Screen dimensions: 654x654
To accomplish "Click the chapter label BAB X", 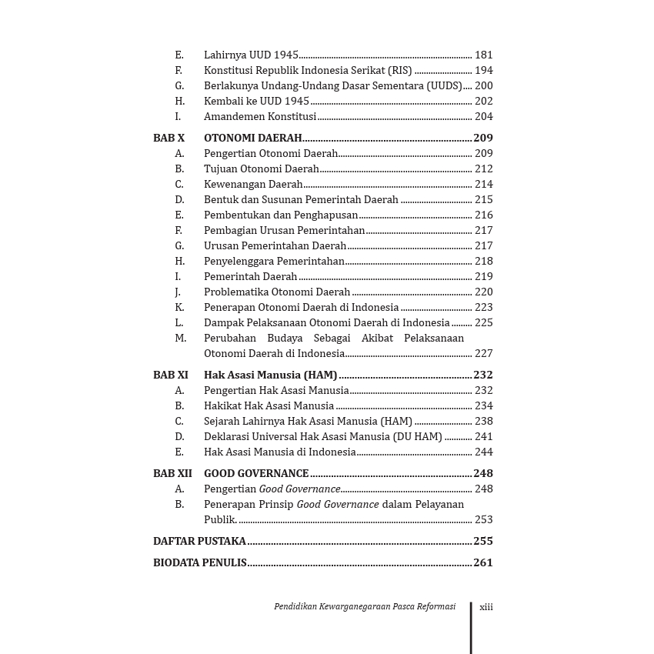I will tap(169, 138).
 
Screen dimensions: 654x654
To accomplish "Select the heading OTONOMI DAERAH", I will tap(252, 138).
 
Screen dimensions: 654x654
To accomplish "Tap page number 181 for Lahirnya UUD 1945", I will tap(483, 55).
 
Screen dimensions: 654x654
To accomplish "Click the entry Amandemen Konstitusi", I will tap(260, 117).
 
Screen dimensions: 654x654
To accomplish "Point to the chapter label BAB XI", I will tap(170, 375).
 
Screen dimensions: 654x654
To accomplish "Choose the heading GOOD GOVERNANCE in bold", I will tap(256, 474).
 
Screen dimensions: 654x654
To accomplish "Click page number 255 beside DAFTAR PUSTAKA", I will tap(483, 542).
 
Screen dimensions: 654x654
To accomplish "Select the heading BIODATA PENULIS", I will tap(200, 563).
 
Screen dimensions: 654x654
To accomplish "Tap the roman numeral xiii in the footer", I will tap(486, 607).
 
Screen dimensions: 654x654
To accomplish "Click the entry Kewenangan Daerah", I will tap(253, 185).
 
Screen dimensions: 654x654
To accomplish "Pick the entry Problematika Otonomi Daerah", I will tap(277, 292).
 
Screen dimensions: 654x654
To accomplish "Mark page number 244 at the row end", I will tap(483, 452).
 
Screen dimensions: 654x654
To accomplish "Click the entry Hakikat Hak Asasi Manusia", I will tap(269, 406).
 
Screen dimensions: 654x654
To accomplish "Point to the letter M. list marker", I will tap(180, 339).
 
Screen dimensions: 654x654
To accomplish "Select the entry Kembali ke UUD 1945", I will tap(256, 102).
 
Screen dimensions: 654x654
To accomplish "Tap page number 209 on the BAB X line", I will tap(483, 138).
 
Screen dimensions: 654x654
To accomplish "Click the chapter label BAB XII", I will tap(172, 474).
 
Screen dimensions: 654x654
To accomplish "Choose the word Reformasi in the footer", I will tap(435, 607).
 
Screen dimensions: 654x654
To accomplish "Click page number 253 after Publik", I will tap(483, 520).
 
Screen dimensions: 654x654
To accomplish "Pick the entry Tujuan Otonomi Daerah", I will tap(262, 169).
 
